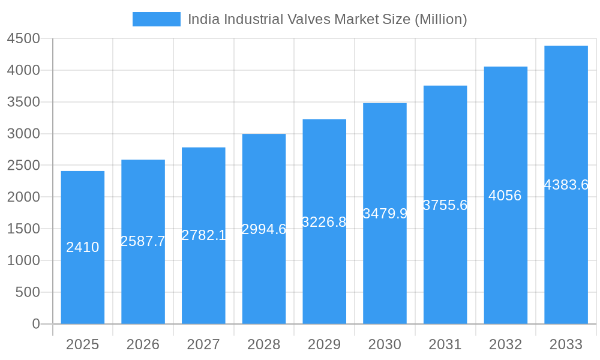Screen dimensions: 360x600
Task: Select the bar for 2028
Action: tap(264, 276)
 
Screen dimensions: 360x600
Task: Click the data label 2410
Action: tap(83, 247)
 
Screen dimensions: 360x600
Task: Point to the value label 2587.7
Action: tap(143, 241)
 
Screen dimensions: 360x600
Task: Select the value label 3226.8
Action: tap(324, 222)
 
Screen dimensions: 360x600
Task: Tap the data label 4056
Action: tap(505, 196)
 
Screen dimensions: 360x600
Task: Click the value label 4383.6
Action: tap(566, 185)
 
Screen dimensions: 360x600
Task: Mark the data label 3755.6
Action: tap(445, 205)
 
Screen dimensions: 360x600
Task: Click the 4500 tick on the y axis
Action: tap(23, 39)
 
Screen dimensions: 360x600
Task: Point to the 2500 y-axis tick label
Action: tap(23, 166)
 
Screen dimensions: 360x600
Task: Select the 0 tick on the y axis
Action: tap(35, 324)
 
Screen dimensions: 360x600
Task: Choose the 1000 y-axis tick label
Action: tap(23, 260)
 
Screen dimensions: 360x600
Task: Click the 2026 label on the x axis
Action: tap(143, 344)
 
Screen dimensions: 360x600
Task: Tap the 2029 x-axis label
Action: tap(324, 344)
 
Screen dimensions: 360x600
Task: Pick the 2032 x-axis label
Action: tap(505, 344)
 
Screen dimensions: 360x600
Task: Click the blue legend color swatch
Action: tap(156, 19)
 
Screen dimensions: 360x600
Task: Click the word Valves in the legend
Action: tap(310, 19)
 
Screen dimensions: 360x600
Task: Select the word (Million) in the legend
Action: tap(441, 19)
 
